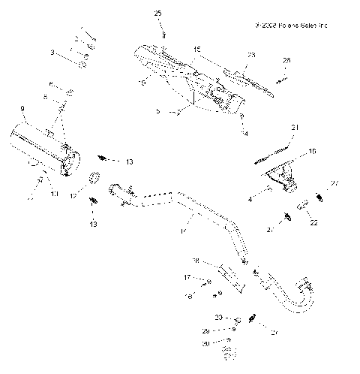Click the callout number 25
[157, 14]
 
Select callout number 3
[52, 53]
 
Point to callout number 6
[50, 83]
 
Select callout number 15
[197, 50]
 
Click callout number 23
[250, 56]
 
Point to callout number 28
[286, 60]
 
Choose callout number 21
[295, 128]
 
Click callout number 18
[195, 261]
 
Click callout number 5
[157, 110]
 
